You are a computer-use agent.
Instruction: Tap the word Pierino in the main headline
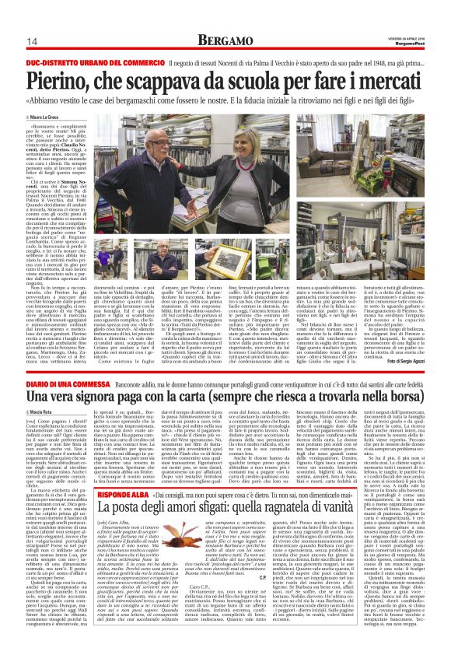pyautogui.click(x=58, y=79)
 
